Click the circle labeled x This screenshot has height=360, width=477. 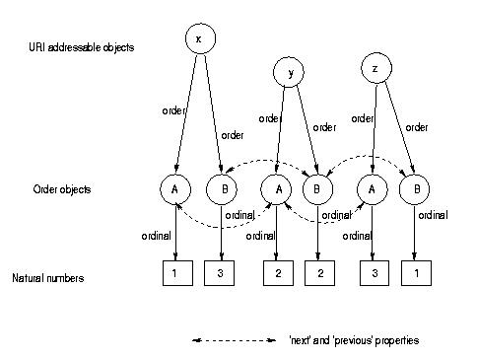(199, 38)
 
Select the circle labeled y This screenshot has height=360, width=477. (290, 72)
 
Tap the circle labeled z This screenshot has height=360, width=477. (375, 69)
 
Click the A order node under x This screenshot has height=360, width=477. (174, 188)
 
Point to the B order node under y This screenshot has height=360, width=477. (317, 188)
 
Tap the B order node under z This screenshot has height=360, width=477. (416, 188)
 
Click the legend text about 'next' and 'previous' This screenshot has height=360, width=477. (356, 340)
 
